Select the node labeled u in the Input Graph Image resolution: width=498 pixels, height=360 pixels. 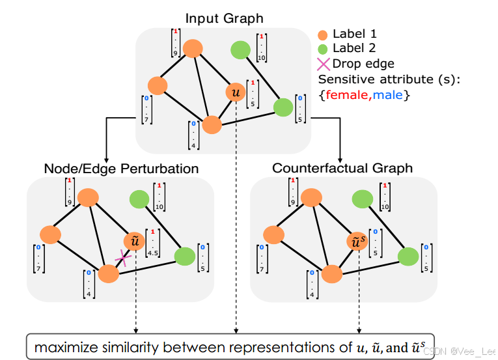tap(235, 92)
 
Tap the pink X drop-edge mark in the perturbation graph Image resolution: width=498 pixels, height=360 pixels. tap(122, 259)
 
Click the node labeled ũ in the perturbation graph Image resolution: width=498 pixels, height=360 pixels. tap(135, 242)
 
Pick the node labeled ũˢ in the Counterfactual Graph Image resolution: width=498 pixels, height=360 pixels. tap(358, 242)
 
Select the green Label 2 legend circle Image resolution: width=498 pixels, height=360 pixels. tap(323, 49)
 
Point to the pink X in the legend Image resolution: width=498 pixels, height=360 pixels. tap(323, 64)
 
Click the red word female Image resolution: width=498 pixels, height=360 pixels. tap(346, 95)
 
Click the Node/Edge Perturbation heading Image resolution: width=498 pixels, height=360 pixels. tap(121, 169)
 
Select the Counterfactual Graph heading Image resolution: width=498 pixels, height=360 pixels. tap(342, 169)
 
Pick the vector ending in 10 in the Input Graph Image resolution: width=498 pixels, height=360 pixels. tap(262, 49)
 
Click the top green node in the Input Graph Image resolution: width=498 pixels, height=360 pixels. tap(241, 49)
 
